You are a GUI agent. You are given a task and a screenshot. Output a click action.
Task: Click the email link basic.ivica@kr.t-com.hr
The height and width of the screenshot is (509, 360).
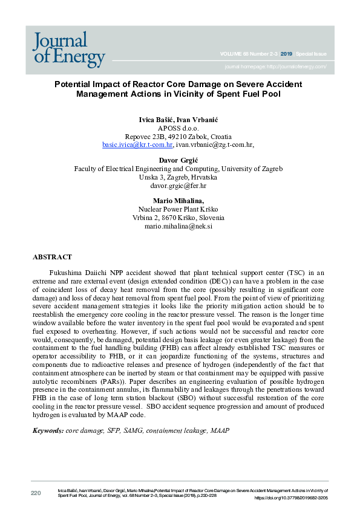137,145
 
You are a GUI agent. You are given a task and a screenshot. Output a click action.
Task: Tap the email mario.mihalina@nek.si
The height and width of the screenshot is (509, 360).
180,226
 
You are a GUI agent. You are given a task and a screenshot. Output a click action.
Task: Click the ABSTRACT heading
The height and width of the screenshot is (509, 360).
52,257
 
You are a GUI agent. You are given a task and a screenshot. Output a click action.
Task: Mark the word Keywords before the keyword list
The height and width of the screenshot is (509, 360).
48,430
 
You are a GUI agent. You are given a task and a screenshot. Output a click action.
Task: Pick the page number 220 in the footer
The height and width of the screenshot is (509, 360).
36,494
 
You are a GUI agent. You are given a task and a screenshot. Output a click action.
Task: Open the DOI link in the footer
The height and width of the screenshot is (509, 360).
291,498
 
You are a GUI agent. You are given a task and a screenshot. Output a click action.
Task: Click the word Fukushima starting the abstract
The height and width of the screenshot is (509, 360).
68,273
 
